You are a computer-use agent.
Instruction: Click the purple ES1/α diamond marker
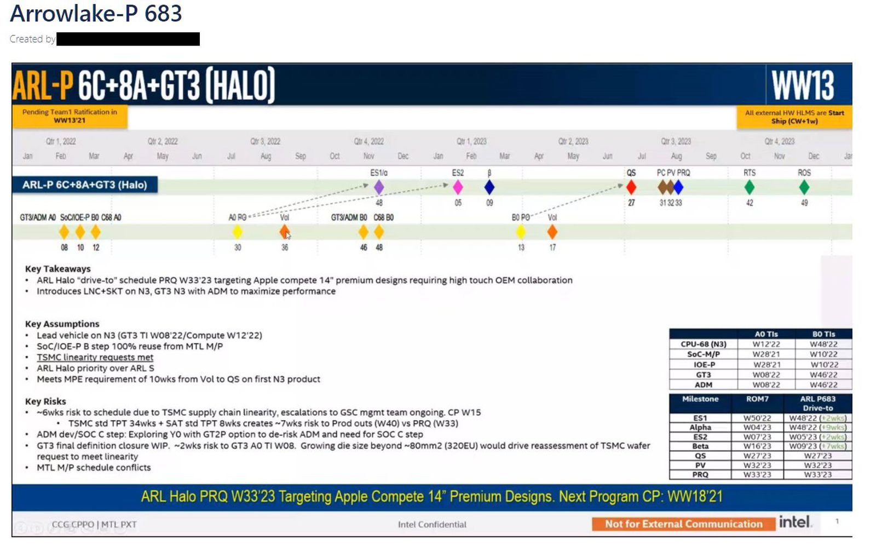tap(379, 187)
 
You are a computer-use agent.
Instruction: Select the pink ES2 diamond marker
tap(458, 187)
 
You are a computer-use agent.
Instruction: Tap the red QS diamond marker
tap(631, 187)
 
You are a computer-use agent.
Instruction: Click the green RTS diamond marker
tap(750, 187)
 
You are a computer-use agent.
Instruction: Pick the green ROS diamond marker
tap(804, 187)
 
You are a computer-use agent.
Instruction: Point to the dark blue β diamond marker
tap(489, 187)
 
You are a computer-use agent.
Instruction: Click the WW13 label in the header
tap(803, 85)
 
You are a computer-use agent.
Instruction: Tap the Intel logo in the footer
tap(795, 522)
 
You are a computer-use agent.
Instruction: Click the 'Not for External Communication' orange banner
tap(683, 524)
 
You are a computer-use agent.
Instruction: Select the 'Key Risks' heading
tap(45, 401)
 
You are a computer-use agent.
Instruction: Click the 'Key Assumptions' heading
tap(62, 324)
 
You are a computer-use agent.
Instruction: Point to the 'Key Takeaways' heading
tap(57, 269)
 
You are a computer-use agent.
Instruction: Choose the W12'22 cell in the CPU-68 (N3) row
tap(766, 344)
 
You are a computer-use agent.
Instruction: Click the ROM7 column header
tap(757, 399)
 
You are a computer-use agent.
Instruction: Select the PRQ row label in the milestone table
tap(700, 475)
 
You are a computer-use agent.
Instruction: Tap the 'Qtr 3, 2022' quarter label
tap(266, 141)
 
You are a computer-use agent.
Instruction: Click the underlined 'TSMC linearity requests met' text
tap(95, 357)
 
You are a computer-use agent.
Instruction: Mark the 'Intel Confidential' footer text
tap(432, 525)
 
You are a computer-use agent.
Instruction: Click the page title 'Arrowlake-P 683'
tap(96, 13)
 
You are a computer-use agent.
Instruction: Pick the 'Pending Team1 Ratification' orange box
tap(70, 116)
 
